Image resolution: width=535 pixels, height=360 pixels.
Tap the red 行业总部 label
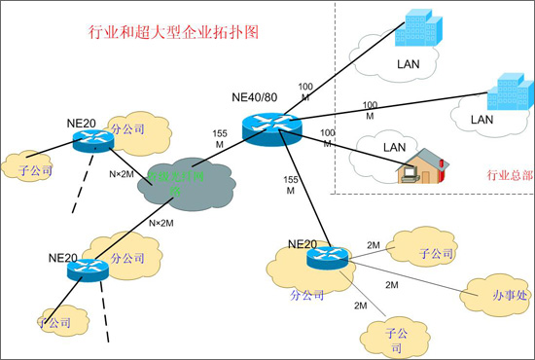507,176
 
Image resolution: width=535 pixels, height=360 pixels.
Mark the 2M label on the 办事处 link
392,285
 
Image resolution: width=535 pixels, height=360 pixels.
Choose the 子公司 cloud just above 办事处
435,253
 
